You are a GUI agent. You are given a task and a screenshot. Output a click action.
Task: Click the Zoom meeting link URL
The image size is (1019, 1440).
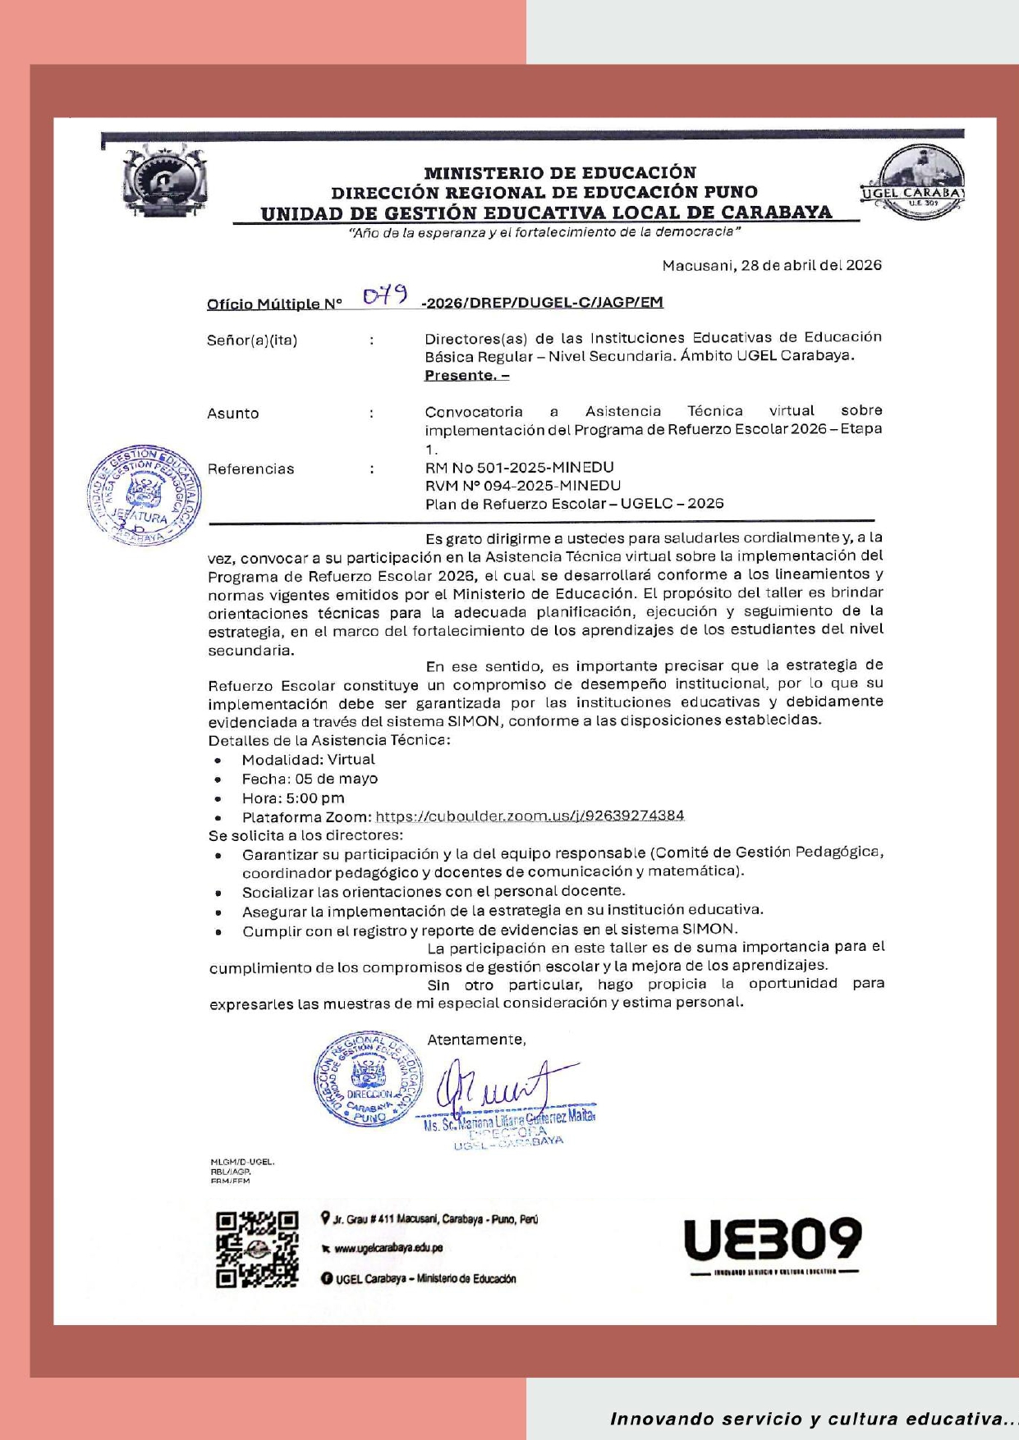pos(530,816)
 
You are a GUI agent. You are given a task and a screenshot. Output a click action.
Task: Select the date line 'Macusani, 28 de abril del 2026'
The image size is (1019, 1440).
pos(772,265)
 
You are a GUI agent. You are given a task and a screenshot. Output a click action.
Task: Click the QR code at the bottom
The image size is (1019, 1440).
pos(257,1249)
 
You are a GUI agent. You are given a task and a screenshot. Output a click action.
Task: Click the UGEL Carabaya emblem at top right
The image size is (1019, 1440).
pos(914,182)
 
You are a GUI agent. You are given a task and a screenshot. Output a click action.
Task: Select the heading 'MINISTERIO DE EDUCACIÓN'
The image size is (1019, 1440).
pos(560,172)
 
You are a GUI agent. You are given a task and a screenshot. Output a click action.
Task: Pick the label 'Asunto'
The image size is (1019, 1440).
pos(233,414)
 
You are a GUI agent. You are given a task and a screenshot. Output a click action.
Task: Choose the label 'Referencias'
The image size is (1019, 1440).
pos(250,469)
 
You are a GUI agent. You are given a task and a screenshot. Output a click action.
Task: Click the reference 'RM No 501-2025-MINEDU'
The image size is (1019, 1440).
pos(519,467)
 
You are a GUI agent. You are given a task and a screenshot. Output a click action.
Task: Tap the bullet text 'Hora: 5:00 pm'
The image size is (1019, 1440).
pos(293,798)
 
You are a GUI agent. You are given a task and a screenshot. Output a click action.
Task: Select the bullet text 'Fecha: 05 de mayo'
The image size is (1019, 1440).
pos(310,779)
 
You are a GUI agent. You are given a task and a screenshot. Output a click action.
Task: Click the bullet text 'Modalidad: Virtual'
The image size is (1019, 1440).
pos(308,760)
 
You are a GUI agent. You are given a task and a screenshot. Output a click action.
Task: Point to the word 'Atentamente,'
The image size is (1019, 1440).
pos(476,1040)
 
